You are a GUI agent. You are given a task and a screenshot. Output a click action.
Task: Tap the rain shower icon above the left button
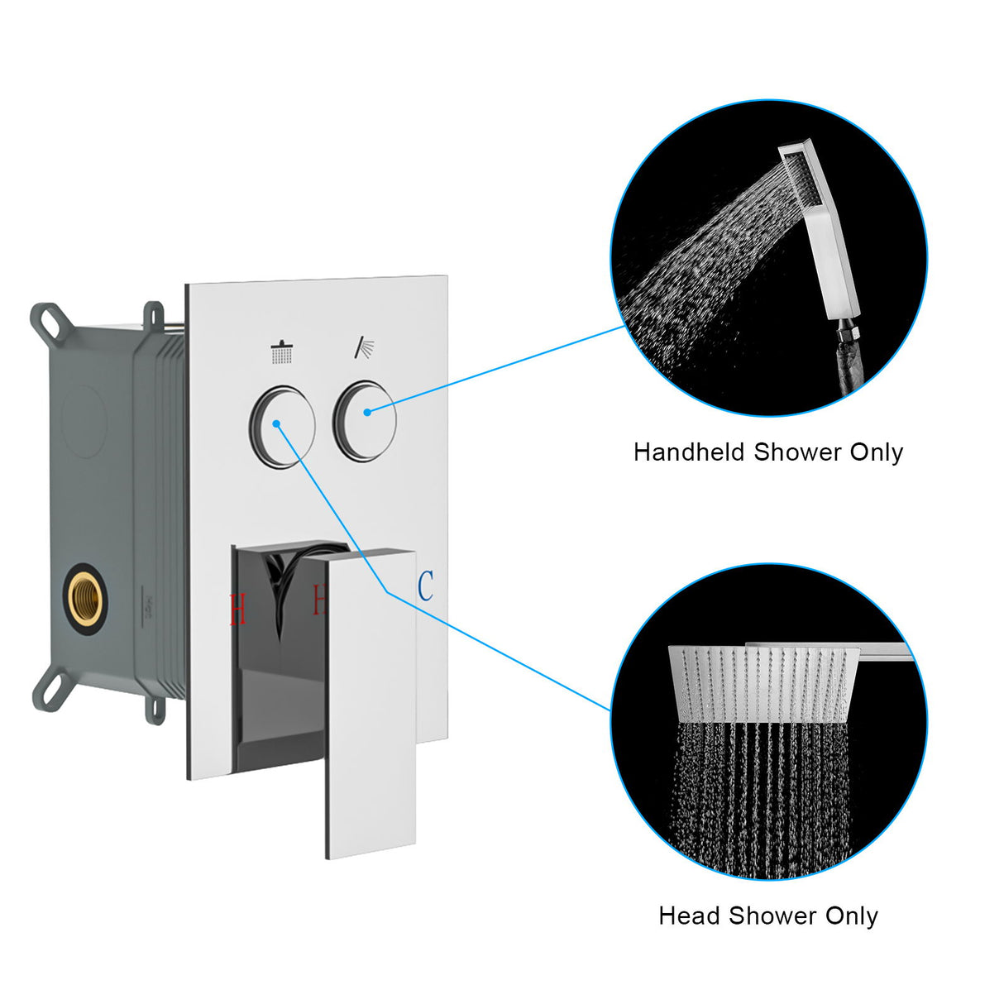click(x=281, y=353)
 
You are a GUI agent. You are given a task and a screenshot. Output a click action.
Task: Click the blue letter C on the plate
click(x=425, y=586)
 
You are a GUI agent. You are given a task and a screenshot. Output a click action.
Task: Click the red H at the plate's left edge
click(x=237, y=610)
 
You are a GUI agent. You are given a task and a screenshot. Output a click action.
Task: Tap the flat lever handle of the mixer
click(x=371, y=703)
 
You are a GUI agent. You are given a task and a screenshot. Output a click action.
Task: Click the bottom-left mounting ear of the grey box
click(x=48, y=686)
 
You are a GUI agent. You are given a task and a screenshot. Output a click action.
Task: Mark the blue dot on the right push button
click(x=366, y=410)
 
